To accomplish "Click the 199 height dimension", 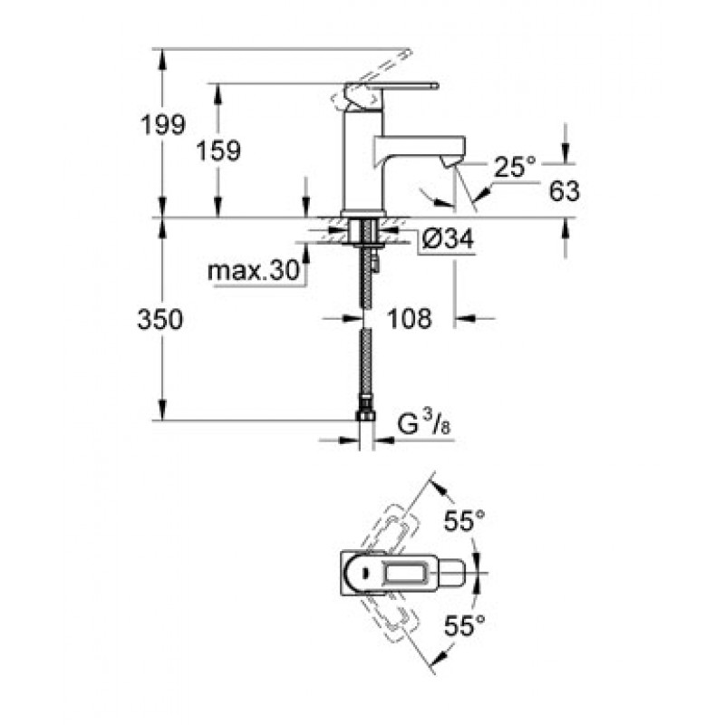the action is pos(163,125).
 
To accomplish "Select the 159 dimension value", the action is pos(218,150).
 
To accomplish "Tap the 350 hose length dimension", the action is pos(160,319).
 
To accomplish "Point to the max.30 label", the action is pos(254,270).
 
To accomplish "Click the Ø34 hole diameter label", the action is pos(448,239).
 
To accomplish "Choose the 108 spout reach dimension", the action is pos(410,318).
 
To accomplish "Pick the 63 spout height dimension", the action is pos(564,190).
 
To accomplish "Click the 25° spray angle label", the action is pos(515,167).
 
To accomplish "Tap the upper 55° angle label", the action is pos(464,522).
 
